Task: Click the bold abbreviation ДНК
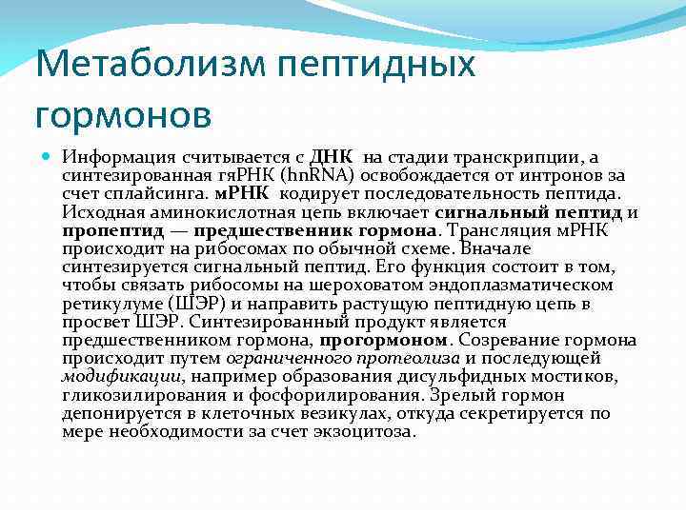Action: (332, 156)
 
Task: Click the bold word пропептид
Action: (103, 229)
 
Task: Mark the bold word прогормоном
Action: (382, 340)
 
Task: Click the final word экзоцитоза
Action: (358, 431)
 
